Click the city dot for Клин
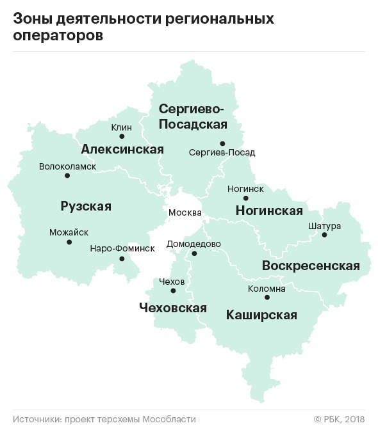point(122,136)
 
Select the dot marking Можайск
point(69,242)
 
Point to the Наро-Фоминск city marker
point(122,259)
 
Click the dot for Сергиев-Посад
point(222,143)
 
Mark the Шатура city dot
point(324,235)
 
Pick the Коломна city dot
point(267,298)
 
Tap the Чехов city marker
point(173,291)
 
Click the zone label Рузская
point(86,206)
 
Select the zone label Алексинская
point(122,150)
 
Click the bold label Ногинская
point(269,211)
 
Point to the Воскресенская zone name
point(311,266)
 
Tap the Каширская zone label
point(261,315)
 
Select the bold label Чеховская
point(173,308)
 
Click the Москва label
point(185,212)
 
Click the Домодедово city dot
point(195,253)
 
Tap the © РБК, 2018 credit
point(339,418)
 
